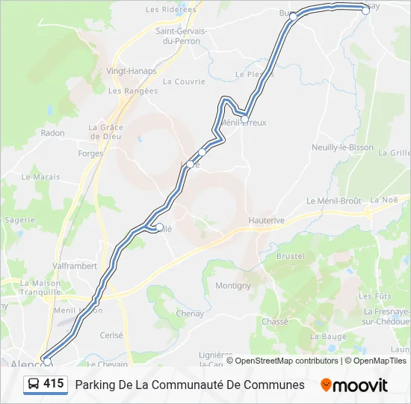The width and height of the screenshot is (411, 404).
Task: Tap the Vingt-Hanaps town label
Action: tap(132, 71)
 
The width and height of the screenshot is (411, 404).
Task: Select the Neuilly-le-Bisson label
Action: tap(342, 147)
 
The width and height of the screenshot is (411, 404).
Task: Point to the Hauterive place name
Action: tap(267, 221)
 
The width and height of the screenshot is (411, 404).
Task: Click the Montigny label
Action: tap(233, 286)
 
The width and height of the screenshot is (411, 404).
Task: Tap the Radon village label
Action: tap(53, 133)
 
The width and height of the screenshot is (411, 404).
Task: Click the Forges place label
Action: tap(90, 153)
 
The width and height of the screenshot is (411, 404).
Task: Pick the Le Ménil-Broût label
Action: tap(334, 201)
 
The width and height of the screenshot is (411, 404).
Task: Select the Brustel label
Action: tap(290, 256)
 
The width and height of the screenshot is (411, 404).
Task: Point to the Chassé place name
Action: tap(275, 322)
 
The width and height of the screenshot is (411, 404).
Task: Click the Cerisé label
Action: tap(111, 336)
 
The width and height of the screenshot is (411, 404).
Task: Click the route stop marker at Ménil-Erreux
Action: tap(244, 119)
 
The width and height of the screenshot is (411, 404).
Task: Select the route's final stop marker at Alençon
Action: tap(48, 361)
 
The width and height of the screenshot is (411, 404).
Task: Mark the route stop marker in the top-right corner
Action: tap(365, 10)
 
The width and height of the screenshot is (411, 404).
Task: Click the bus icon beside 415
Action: tap(34, 385)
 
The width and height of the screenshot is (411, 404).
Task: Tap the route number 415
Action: tap(54, 385)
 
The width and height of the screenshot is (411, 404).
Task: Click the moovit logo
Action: tap(354, 385)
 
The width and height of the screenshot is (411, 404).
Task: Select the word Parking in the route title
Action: tap(95, 385)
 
